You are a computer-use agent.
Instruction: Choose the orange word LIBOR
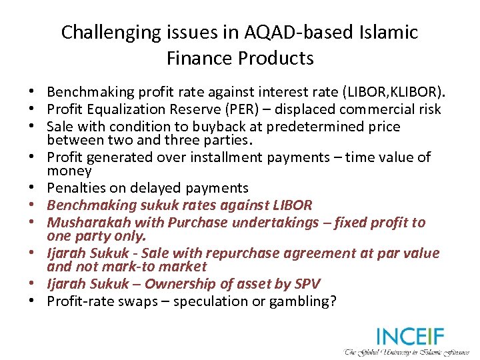[x=293, y=205]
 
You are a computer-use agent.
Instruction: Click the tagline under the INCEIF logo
[x=407, y=351]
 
